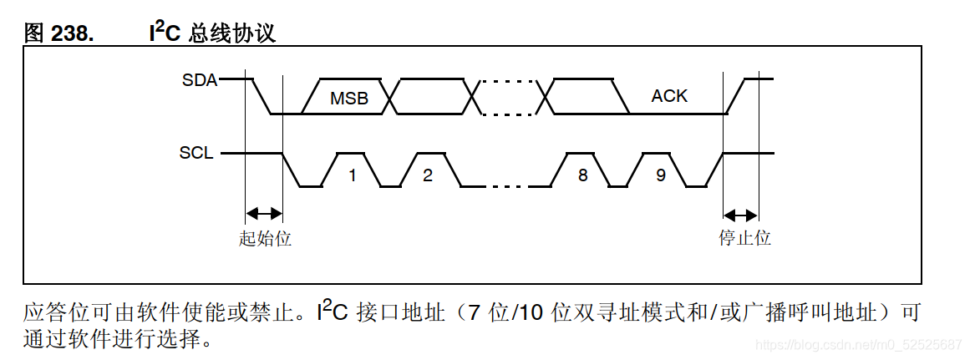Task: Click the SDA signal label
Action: [x=199, y=80]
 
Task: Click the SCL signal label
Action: [x=196, y=154]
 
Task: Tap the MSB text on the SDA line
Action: [x=348, y=98]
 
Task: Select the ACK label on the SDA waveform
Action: [x=669, y=96]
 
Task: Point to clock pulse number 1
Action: [x=353, y=175]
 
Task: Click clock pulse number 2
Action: [x=428, y=175]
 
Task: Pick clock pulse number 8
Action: [x=582, y=175]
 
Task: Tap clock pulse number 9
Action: [x=660, y=175]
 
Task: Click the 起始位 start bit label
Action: [x=265, y=238]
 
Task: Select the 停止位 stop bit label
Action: [x=744, y=238]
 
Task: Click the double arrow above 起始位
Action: [x=265, y=212]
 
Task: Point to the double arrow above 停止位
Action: [x=740, y=212]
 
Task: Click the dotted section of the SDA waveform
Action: [x=510, y=97]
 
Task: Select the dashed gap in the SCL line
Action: [x=508, y=186]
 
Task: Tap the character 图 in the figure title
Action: [x=33, y=33]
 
